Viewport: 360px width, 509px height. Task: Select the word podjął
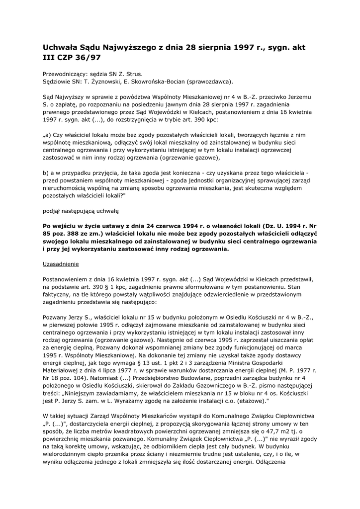click(x=52, y=211)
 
